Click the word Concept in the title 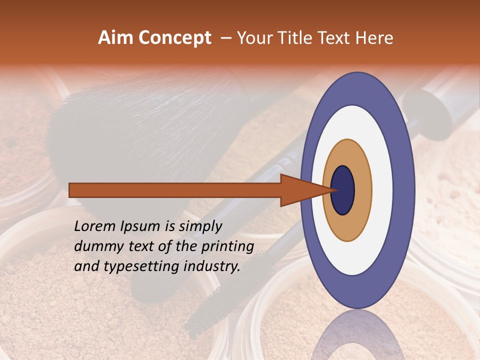click(x=174, y=38)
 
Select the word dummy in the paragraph click(x=95, y=246)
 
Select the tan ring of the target click(x=362, y=190)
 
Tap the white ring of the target click(x=382, y=190)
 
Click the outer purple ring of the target click(x=404, y=190)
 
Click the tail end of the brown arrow click(x=72, y=190)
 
